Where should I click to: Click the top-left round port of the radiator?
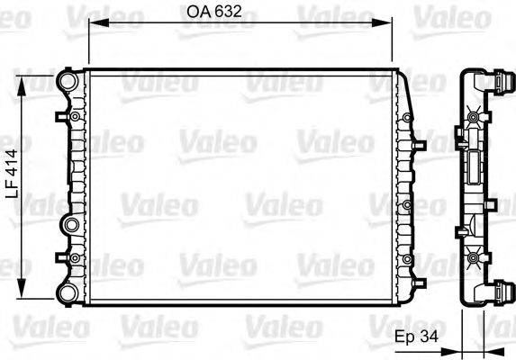(68, 81)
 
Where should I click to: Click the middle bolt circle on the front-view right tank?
(408, 205)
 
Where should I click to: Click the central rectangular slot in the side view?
(472, 172)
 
